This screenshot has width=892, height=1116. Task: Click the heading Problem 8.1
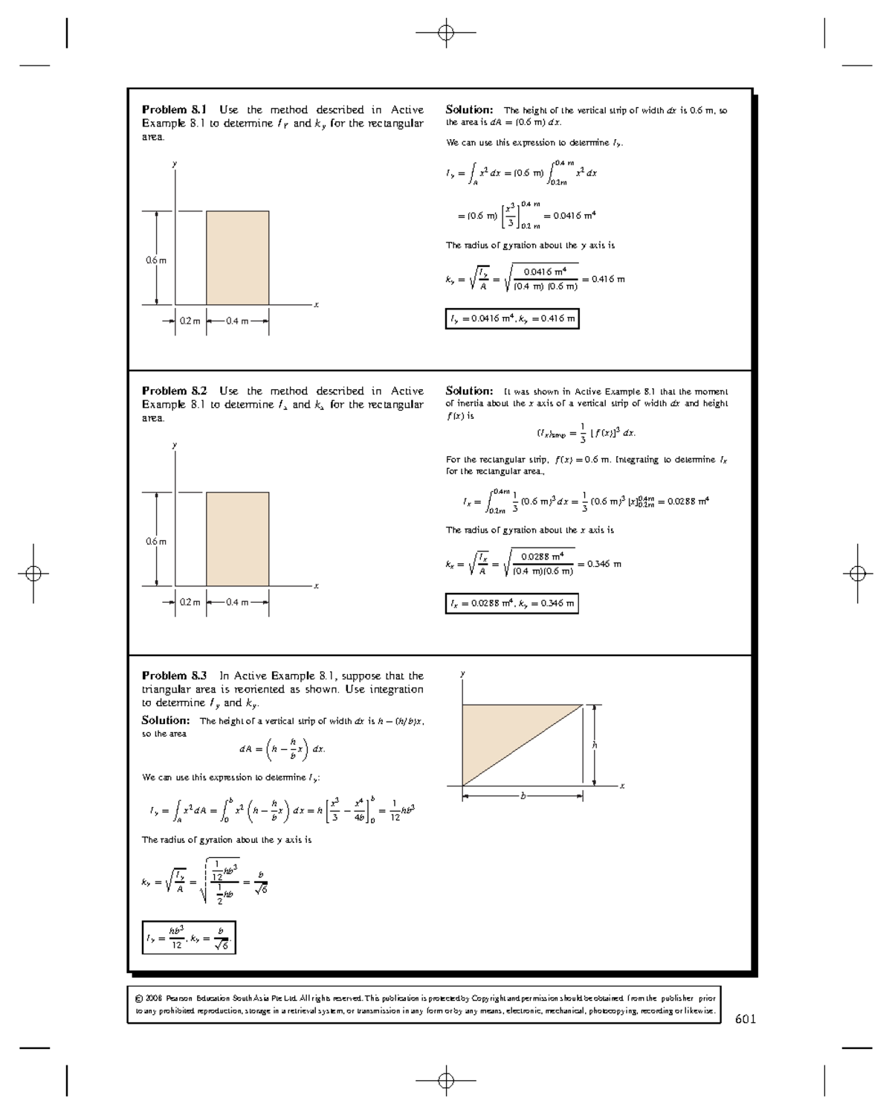point(175,109)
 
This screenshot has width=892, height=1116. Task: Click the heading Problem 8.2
point(175,391)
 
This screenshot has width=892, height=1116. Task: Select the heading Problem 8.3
point(175,676)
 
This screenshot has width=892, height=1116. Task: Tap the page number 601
point(745,1019)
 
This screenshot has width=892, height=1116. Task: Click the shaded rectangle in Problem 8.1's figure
point(237,257)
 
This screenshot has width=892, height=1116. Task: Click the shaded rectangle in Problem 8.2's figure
point(237,539)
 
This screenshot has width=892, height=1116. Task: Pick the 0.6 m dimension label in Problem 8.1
point(156,260)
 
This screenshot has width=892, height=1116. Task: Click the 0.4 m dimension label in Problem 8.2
point(237,603)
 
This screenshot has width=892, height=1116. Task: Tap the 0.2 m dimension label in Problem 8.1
point(190,321)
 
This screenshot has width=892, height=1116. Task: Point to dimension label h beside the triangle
point(594,745)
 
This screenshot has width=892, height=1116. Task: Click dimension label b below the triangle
point(523,796)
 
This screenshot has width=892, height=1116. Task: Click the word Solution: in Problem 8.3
point(166,720)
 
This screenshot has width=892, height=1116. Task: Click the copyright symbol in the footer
point(138,998)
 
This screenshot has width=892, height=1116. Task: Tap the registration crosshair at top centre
point(446,33)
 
